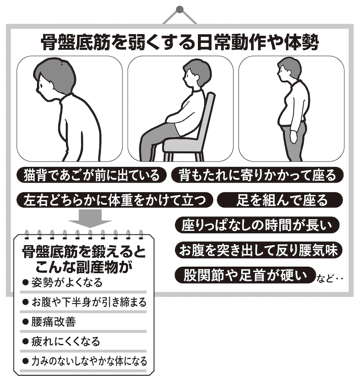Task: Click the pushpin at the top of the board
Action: [180, 10]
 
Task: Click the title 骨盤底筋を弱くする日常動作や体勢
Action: [180, 43]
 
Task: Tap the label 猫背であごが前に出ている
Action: [91, 175]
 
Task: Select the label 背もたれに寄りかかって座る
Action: [257, 175]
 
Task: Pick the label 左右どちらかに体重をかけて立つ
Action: [115, 200]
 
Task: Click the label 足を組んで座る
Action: [280, 200]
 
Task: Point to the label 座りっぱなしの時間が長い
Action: [257, 225]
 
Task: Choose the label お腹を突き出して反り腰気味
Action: [258, 250]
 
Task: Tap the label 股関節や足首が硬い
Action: [245, 275]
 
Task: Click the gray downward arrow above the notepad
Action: [90, 218]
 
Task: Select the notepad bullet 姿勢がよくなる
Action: [63, 283]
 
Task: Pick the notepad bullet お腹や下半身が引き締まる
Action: [84, 302]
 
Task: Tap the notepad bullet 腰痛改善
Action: [49, 322]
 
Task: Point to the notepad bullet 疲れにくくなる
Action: [61, 342]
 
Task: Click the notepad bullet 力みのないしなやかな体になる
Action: [85, 361]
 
